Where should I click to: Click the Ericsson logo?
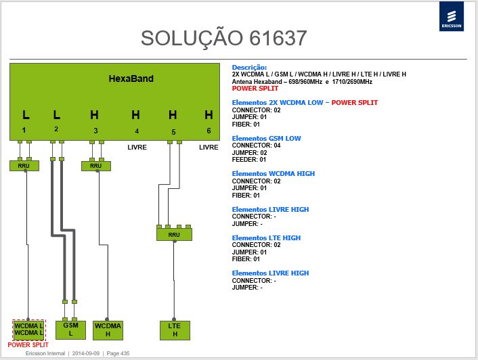[451, 16]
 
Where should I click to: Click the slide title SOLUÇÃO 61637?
[223, 38]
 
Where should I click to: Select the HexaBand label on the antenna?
[131, 78]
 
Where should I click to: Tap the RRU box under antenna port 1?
[24, 166]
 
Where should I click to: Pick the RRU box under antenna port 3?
[96, 166]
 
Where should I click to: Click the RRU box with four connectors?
[174, 235]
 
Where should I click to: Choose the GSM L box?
[70, 330]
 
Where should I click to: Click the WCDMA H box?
[108, 330]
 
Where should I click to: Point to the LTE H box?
[175, 330]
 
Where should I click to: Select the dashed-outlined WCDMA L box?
[29, 330]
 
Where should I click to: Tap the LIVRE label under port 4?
[137, 148]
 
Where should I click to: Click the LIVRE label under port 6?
[209, 148]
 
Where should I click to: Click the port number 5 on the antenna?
[173, 132]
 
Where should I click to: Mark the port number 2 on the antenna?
[56, 129]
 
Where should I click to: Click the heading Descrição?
[249, 67]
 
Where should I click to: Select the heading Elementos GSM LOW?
[266, 138]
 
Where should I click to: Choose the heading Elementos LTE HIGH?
[266, 238]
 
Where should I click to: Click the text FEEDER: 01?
[248, 160]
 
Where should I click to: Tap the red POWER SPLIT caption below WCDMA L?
[28, 344]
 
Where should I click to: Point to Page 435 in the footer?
[118, 353]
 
